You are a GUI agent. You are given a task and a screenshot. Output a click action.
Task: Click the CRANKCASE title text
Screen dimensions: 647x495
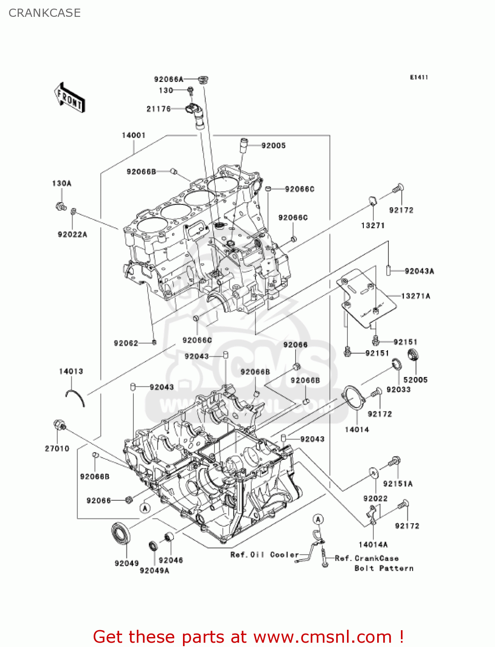tap(44, 13)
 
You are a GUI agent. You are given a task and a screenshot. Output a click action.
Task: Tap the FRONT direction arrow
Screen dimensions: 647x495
tap(69, 98)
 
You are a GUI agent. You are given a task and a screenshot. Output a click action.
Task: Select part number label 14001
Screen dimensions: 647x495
tap(133, 135)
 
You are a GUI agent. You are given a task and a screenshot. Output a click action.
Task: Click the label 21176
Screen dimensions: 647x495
tap(158, 109)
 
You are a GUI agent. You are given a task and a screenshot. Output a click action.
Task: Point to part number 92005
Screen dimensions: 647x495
tap(273, 146)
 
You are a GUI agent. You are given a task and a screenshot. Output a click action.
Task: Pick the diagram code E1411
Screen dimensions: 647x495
tap(419, 77)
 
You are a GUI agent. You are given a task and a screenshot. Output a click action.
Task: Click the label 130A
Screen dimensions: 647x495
tap(62, 184)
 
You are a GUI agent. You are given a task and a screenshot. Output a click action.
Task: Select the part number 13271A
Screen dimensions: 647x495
tap(415, 296)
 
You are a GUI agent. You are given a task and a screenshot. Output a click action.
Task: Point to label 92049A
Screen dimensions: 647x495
tap(154, 571)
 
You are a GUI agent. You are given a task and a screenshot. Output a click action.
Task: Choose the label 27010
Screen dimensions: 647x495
tap(57, 449)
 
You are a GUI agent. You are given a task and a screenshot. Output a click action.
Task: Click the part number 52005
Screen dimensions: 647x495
tap(415, 380)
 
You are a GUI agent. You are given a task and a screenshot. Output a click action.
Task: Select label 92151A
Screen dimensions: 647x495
tap(397, 484)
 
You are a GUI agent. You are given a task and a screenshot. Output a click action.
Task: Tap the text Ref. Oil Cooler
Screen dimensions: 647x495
tap(264, 555)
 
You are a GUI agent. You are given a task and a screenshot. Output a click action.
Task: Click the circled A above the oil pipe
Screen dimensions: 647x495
tap(318, 519)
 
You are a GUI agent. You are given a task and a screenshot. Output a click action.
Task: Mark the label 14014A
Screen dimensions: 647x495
tap(373, 545)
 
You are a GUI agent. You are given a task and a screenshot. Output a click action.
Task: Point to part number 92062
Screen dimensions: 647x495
tap(126, 343)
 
